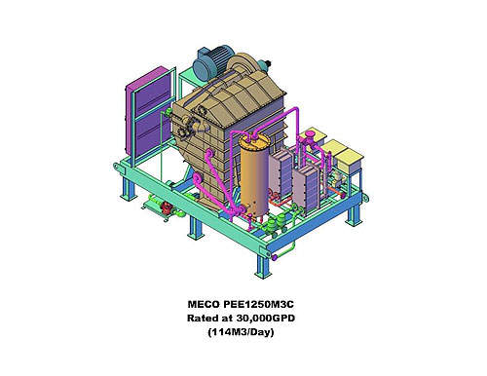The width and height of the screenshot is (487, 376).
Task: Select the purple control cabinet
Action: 148,112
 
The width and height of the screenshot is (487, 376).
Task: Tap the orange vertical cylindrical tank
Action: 255,175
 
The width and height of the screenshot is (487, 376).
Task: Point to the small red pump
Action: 168,207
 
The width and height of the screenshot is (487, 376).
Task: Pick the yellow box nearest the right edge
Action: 349,159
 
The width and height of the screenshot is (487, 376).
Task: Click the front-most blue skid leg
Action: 263,265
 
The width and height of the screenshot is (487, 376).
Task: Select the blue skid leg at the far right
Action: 354,214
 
